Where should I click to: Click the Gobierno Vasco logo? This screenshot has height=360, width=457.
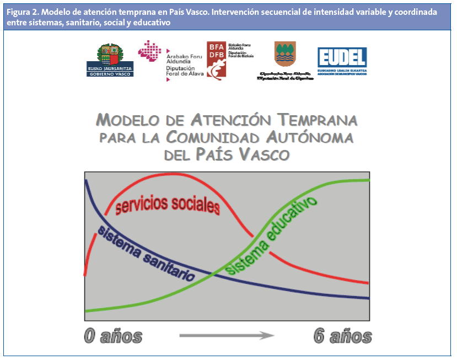111,61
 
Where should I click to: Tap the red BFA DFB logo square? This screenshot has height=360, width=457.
216,60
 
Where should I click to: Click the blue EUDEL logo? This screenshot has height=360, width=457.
342,57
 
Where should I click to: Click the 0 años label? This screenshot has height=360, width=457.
113,336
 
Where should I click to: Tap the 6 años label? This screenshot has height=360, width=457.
342,336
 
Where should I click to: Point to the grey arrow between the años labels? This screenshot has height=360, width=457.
227,335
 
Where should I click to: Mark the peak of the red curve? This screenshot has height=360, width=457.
165,175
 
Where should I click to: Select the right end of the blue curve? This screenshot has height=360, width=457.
368,298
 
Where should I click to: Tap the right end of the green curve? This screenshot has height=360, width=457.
368,180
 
